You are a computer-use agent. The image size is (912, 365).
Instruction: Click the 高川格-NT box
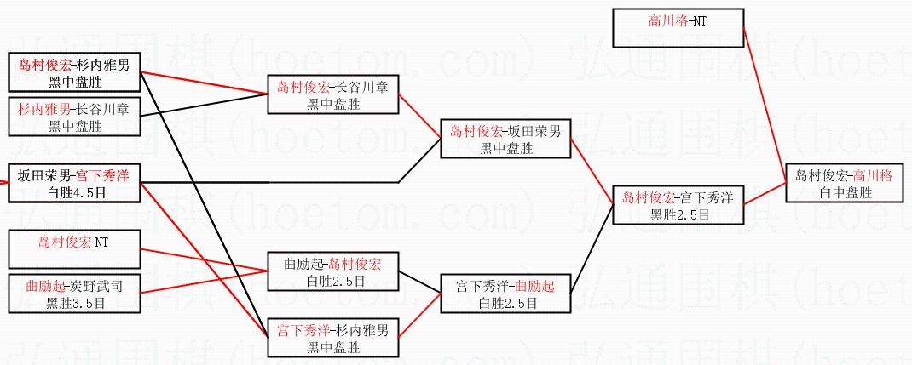point(678,28)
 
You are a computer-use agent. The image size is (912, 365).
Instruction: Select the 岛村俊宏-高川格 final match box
point(844,183)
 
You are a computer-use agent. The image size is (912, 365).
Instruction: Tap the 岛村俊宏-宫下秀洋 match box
point(678,205)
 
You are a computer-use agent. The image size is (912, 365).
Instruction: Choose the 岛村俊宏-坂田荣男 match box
point(505,139)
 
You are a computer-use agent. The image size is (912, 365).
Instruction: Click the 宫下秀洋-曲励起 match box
point(505,294)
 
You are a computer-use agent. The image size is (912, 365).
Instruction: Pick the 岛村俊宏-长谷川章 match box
point(333,94)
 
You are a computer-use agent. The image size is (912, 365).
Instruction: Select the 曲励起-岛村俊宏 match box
point(333,271)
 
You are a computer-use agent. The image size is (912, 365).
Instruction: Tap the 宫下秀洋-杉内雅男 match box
point(333,338)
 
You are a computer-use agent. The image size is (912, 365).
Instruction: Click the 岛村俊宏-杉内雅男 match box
point(74,72)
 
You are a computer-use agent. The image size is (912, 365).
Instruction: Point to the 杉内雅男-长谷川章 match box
point(74,117)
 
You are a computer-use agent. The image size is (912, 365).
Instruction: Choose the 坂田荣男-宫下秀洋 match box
point(74,183)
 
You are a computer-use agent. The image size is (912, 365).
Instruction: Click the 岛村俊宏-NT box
point(74,249)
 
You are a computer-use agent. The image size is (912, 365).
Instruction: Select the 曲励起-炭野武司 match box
point(74,294)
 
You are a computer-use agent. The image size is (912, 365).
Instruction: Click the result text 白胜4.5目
point(74,192)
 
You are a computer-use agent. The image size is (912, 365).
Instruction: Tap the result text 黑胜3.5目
point(74,303)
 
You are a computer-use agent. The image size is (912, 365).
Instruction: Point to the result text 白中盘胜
point(844,193)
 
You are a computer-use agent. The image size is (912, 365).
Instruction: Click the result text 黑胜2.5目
point(678,214)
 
